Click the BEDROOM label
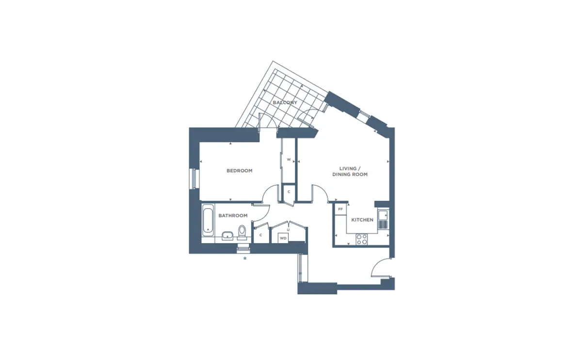(239, 171)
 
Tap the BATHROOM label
(233, 215)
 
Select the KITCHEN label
(362, 220)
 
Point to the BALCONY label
(285, 102)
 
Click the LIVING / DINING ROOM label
(350, 172)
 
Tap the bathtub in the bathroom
(208, 220)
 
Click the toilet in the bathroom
(242, 231)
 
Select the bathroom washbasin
(227, 236)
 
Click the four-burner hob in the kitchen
(362, 239)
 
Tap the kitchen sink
(383, 220)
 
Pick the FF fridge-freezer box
(340, 209)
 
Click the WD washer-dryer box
(283, 238)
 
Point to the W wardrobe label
(289, 160)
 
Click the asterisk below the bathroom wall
(245, 259)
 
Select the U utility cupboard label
(288, 230)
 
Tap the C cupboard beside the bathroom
(260, 235)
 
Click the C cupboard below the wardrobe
(289, 192)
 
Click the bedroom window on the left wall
(194, 179)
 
